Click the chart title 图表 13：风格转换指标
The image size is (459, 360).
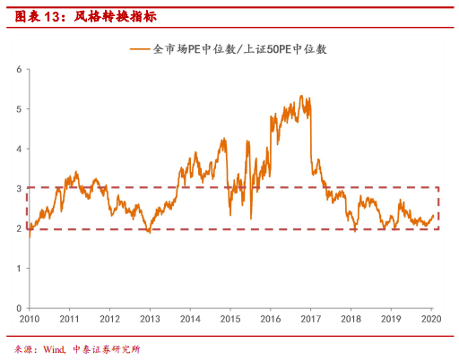pos(86,17)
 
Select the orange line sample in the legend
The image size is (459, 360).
pos(140,49)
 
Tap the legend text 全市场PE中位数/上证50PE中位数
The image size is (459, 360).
pos(240,49)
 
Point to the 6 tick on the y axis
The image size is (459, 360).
pos(19,69)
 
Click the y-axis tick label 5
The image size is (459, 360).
pos(19,109)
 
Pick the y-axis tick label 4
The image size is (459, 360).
pos(19,149)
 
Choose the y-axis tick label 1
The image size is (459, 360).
pos(19,269)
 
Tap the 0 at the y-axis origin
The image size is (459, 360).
pos(19,308)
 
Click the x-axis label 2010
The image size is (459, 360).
pos(30,319)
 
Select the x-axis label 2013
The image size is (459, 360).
pos(150,319)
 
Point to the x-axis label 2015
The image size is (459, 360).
pos(230,319)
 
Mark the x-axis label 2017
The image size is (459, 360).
pos(311,319)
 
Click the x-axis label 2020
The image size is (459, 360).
pos(431,319)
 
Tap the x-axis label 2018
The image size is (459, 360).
pos(351,319)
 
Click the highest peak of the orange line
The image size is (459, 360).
pos(301,96)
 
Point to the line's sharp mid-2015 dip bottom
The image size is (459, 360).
pos(251,219)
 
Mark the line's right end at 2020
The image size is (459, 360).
pos(433,216)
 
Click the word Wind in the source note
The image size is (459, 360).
pos(54,349)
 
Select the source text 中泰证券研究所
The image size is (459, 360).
pos(107,349)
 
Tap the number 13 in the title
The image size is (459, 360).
pos(52,17)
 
